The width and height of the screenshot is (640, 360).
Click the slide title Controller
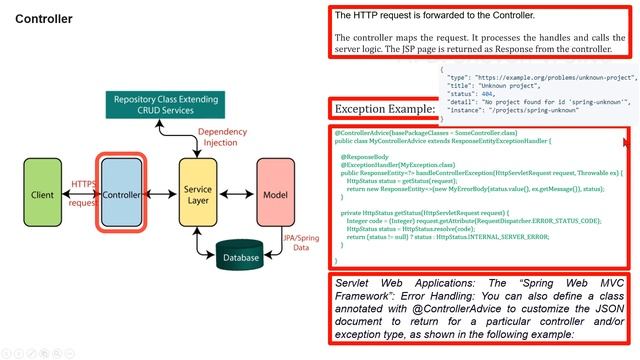click(43, 19)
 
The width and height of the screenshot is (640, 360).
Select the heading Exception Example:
click(384, 109)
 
